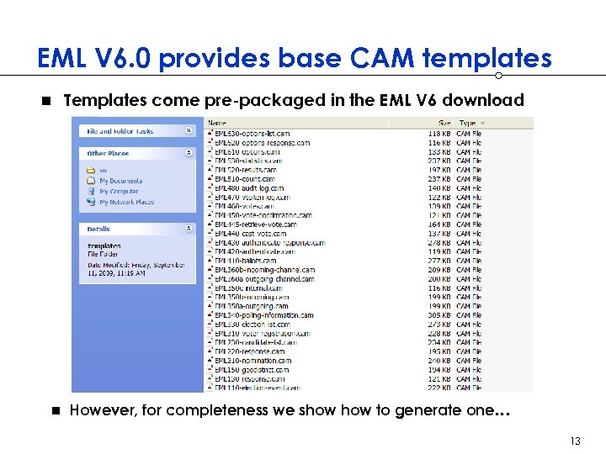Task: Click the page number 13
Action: [x=576, y=441]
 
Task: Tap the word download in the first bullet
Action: [x=483, y=100]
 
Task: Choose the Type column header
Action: [x=467, y=124]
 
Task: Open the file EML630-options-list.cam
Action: [x=252, y=134]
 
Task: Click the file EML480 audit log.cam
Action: [x=249, y=188]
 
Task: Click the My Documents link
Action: [x=120, y=181]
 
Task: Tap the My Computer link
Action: [x=119, y=192]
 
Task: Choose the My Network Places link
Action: [x=126, y=202]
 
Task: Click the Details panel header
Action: [x=98, y=228]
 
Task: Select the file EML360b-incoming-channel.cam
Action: [x=264, y=270]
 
